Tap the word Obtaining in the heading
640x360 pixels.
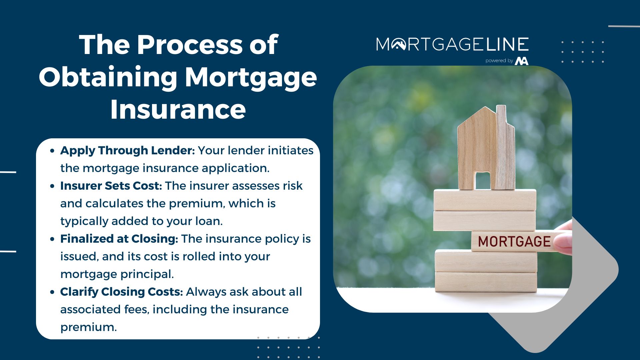coord(108,77)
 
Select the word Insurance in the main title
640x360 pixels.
coord(178,109)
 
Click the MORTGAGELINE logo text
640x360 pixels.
coord(452,44)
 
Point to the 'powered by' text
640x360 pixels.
coord(499,61)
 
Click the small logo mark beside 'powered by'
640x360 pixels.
coord(522,61)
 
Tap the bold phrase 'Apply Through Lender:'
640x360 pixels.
coord(127,151)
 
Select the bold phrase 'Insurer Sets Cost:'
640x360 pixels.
coord(111,186)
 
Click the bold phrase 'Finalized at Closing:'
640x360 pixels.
coord(119,239)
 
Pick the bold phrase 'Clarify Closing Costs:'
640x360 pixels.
coord(122,292)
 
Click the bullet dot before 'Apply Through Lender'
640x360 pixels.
coord(52,151)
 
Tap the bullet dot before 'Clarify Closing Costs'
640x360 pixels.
coord(52,292)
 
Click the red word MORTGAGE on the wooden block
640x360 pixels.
coord(514,242)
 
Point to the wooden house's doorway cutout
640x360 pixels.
coord(482,181)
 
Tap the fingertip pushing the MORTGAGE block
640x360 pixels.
coord(564,240)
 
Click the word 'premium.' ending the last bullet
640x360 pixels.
coord(89,327)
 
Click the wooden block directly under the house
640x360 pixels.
coord(485,200)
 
